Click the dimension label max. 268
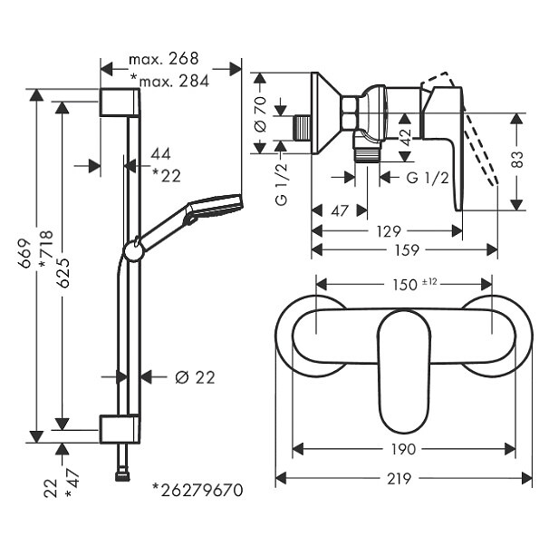[x=164, y=59]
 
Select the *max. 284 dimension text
[x=169, y=82]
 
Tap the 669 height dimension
[x=24, y=253]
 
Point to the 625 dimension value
[x=63, y=273]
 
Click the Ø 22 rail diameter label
[x=195, y=377]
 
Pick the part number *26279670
[x=198, y=490]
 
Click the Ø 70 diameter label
[x=260, y=114]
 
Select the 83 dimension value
[x=516, y=159]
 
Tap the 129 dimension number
[x=389, y=231]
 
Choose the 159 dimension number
[x=407, y=250]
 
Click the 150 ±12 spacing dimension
[x=415, y=284]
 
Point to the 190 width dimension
[x=403, y=449]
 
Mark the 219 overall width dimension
[x=399, y=478]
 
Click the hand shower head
[x=214, y=208]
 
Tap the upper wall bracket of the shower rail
[x=120, y=103]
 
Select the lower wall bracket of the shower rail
[x=120, y=429]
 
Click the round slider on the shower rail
[x=133, y=250]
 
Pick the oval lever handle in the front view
[x=404, y=371]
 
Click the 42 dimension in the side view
[x=406, y=137]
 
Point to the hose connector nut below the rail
[x=122, y=476]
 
